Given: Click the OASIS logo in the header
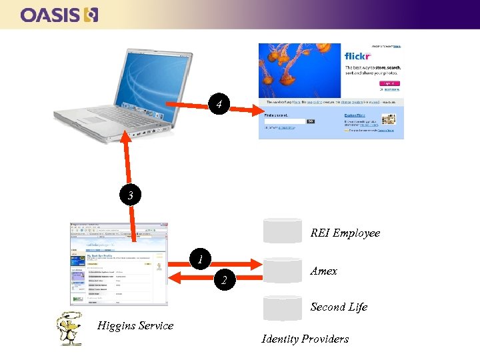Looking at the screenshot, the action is click(60, 14).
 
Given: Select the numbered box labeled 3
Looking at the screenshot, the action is click(131, 195).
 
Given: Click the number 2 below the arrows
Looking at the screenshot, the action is click(225, 281).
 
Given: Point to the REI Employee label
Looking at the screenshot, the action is click(345, 233).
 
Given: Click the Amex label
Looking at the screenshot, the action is click(324, 271).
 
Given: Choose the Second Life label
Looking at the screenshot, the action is click(339, 307).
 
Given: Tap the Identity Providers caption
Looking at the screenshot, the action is click(305, 339).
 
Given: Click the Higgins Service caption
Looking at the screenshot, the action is click(135, 325).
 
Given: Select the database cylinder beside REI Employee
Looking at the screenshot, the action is click(283, 230).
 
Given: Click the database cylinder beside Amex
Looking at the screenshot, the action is click(283, 269).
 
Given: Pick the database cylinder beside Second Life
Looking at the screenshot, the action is click(283, 307).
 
